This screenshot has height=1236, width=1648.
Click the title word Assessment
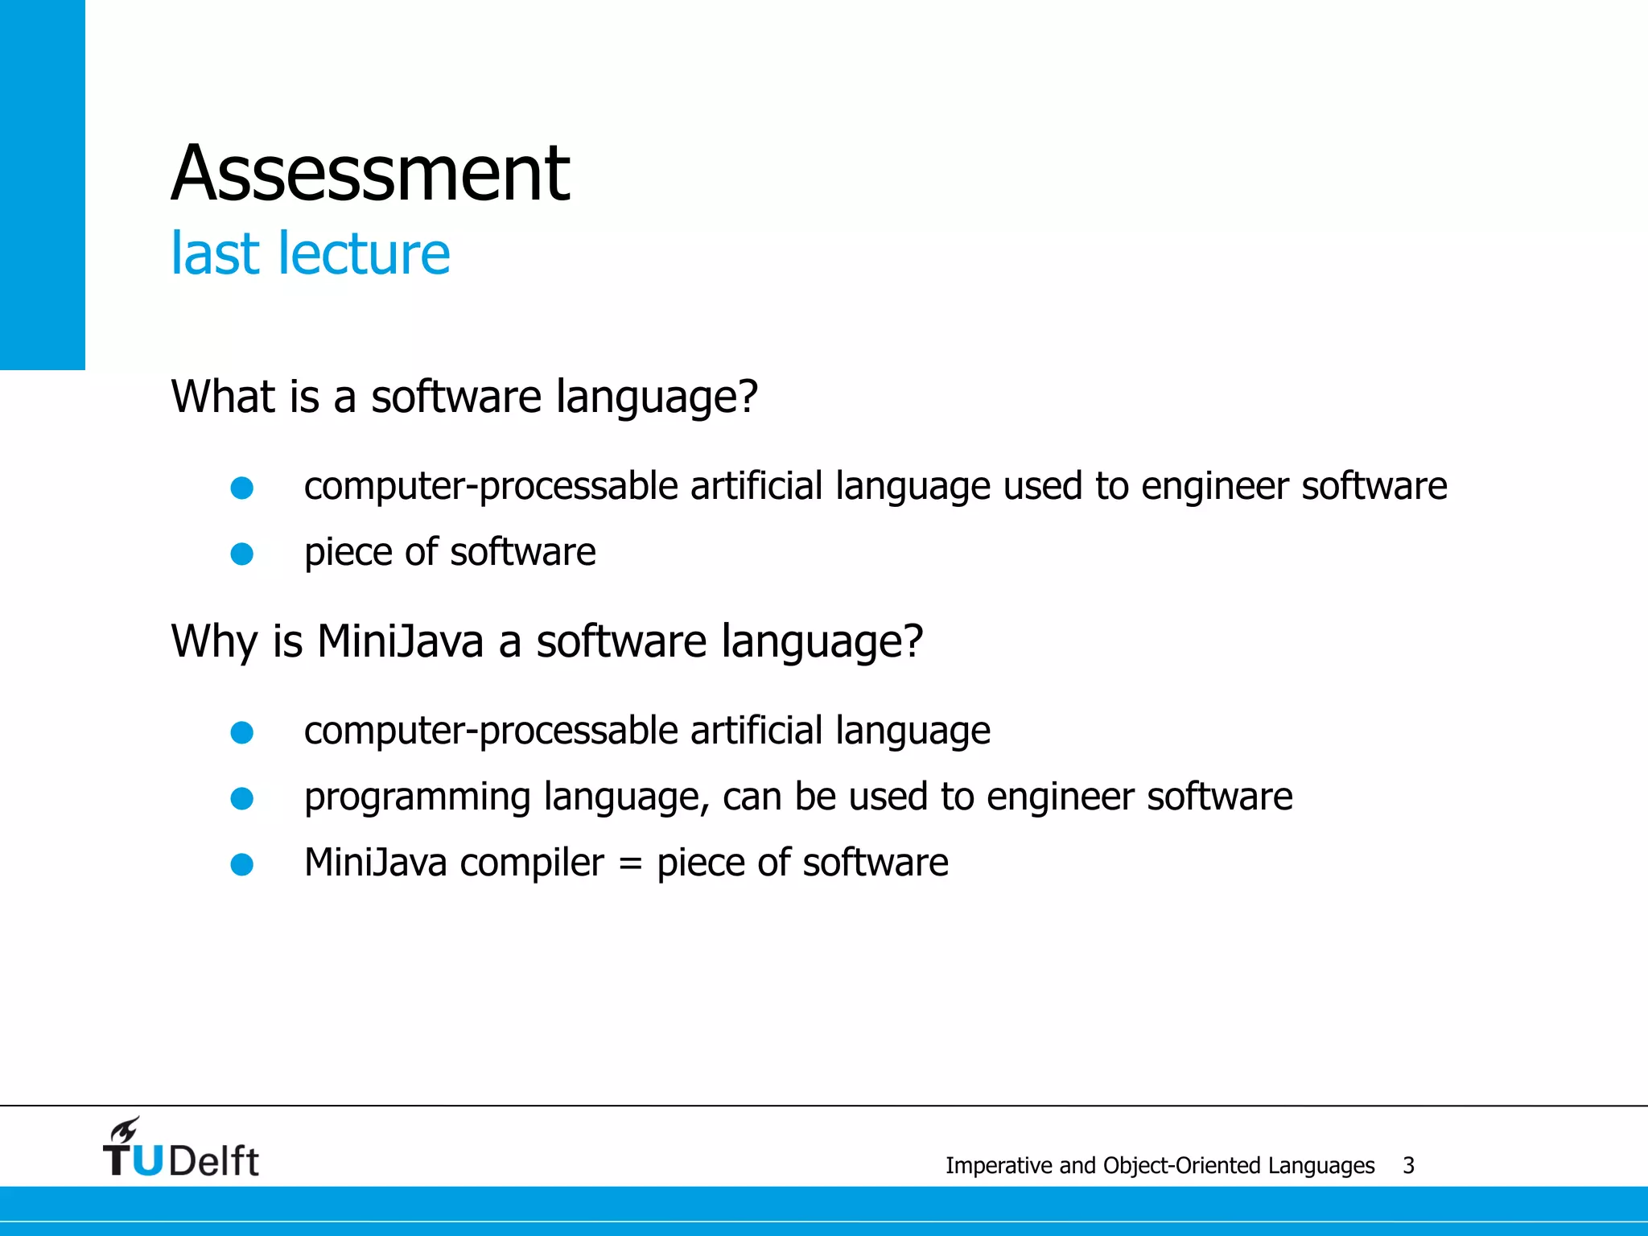click(370, 173)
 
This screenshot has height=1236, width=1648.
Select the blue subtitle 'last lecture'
click(310, 253)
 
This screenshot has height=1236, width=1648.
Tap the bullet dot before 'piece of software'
click(242, 554)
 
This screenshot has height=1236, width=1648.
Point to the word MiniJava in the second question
click(400, 641)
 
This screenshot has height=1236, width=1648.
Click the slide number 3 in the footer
click(1408, 1165)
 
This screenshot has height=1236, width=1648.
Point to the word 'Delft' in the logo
click(214, 1161)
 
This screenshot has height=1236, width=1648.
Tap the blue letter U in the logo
click(147, 1161)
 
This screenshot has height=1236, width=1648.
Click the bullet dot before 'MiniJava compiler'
click(242, 864)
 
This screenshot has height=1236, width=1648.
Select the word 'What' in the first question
click(216, 397)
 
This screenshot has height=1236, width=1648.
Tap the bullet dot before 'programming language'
click(242, 798)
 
